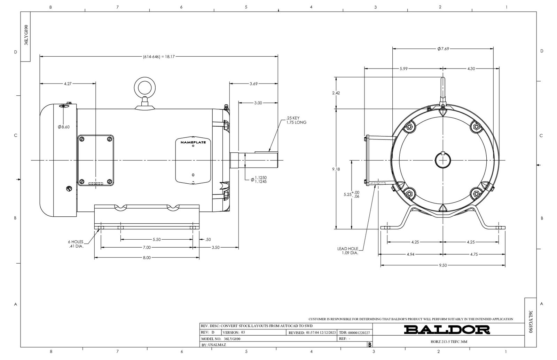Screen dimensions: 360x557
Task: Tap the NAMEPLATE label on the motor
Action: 193,142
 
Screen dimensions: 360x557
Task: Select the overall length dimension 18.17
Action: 158,56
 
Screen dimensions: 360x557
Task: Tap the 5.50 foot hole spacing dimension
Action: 157,240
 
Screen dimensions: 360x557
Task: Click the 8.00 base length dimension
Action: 147,258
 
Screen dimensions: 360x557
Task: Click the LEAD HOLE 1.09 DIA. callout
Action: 348,251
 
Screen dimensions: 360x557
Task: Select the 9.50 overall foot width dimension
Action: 443,265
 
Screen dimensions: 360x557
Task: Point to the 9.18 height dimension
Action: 336,169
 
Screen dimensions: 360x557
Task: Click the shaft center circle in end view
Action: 442,160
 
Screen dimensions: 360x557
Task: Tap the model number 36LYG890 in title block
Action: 232,339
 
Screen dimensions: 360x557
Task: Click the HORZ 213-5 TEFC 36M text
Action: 449,342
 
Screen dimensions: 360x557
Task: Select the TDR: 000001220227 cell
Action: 354,333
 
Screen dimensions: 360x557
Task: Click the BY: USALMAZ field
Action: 214,345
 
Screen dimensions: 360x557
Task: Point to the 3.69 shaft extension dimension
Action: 253,83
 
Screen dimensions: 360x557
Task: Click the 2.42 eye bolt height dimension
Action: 336,93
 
